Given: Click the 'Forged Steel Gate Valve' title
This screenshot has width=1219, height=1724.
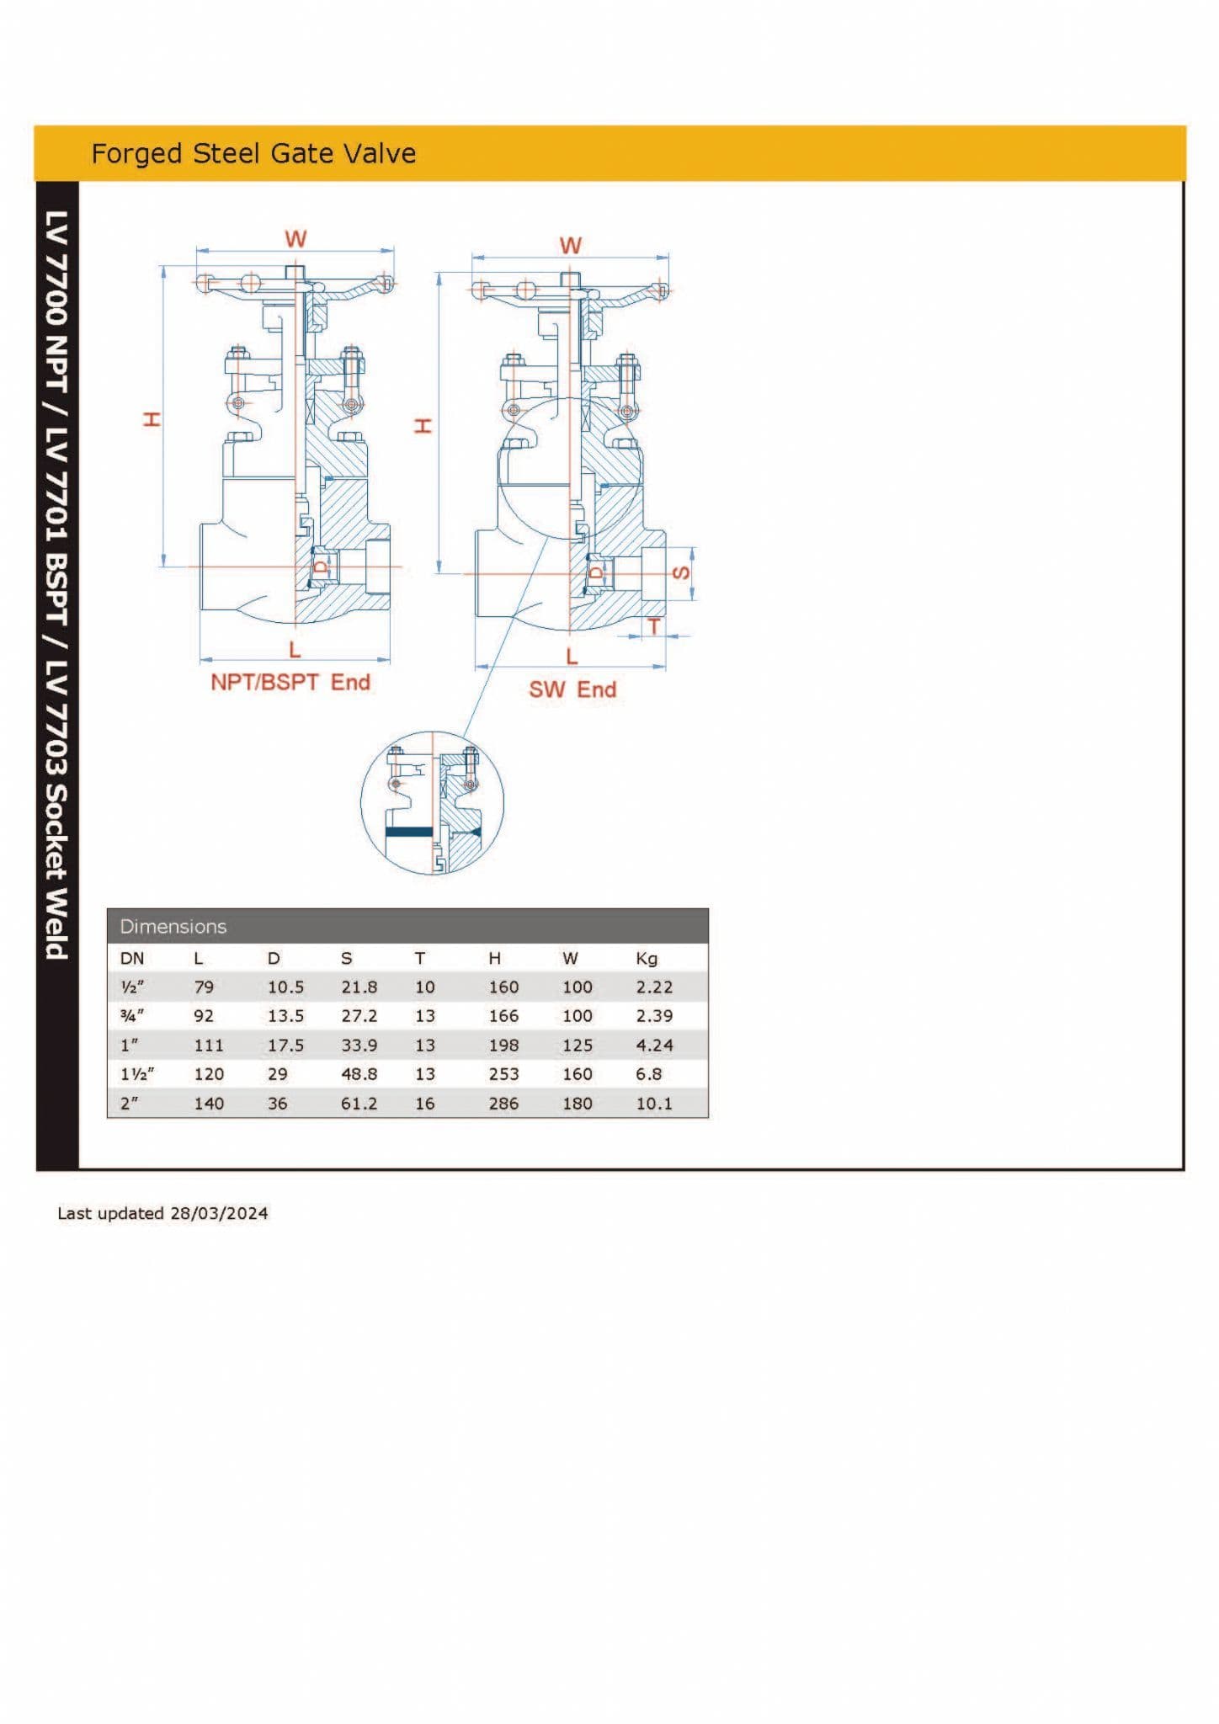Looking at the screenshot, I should (x=253, y=153).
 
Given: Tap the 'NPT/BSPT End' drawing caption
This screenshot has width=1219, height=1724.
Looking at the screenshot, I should (x=290, y=682).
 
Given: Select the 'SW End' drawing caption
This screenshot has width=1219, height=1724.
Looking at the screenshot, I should (x=572, y=689).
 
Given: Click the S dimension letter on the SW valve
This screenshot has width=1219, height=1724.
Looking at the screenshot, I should (x=683, y=573).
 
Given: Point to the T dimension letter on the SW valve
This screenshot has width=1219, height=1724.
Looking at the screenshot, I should (x=653, y=626).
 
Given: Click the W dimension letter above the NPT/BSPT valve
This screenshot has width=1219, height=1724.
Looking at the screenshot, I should (x=295, y=239).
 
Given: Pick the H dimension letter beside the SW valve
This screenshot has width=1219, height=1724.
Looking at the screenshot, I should (x=423, y=425).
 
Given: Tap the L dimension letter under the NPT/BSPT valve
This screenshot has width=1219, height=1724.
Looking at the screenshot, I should (x=295, y=650).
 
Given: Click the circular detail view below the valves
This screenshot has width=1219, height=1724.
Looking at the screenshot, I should (x=432, y=802).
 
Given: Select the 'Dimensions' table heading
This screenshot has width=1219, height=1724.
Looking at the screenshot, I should (x=173, y=927).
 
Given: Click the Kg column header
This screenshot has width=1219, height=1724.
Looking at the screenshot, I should (x=647, y=958).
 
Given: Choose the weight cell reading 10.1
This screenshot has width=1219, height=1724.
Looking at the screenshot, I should (x=654, y=1104).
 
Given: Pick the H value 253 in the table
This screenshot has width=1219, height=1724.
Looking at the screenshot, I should (x=503, y=1074).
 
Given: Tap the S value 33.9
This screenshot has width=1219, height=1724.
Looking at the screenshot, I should (x=359, y=1046).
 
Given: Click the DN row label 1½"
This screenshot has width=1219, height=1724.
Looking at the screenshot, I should (x=137, y=1074).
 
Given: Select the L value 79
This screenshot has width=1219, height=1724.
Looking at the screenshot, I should (x=204, y=987).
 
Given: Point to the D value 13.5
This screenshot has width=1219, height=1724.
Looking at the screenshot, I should (x=285, y=1016).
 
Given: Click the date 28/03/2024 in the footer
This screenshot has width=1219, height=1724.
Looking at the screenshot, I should (x=219, y=1213).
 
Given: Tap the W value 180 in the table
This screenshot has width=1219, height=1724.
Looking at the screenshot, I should (x=578, y=1104).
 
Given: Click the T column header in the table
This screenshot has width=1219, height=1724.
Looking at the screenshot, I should (x=420, y=958).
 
